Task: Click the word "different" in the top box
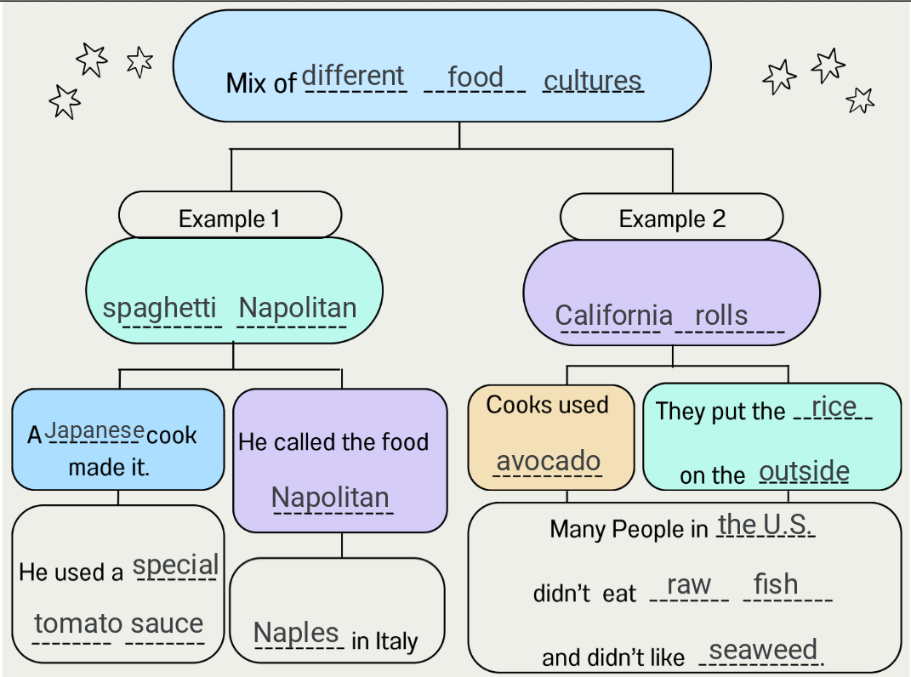[353, 76]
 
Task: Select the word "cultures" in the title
[592, 81]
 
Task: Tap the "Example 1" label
[229, 219]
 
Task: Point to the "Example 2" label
[672, 219]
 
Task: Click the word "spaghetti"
[160, 308]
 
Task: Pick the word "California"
[613, 316]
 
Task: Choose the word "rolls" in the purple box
[721, 316]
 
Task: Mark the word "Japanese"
[94, 430]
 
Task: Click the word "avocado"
[549, 461]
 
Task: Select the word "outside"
[804, 471]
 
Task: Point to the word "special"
[176, 566]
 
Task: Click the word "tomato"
[78, 623]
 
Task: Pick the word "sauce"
[167, 623]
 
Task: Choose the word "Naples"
[296, 633]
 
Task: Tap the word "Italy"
[396, 640]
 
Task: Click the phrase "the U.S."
[765, 525]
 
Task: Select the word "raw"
[688, 585]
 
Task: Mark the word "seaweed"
[762, 651]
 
